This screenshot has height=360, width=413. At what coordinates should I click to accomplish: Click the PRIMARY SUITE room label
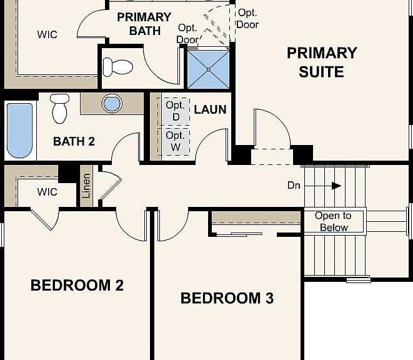[x=322, y=62]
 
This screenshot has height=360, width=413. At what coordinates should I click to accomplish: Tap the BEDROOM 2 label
[x=77, y=285]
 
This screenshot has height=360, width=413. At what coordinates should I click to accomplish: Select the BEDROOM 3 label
[x=227, y=298]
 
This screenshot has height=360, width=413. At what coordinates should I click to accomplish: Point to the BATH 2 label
[x=74, y=141]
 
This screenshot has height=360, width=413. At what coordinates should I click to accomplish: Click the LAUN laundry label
[x=210, y=109]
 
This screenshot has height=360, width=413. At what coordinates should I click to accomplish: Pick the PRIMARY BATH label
[x=144, y=24]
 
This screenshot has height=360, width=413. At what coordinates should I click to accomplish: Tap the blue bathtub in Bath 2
[x=19, y=131]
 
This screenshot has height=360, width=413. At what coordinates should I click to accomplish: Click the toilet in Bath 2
[x=60, y=109]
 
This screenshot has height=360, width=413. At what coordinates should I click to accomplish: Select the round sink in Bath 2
[x=112, y=103]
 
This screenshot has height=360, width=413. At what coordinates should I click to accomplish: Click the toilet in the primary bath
[x=117, y=67]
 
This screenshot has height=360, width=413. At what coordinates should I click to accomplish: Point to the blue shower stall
[x=208, y=69]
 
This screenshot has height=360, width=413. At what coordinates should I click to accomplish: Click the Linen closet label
[x=86, y=186]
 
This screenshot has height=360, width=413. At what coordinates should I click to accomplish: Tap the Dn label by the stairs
[x=294, y=186]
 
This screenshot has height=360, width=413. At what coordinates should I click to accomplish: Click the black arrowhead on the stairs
[x=336, y=186]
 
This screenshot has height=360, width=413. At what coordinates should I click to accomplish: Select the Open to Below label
[x=333, y=221]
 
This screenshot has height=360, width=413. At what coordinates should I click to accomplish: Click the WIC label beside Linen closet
[x=47, y=192]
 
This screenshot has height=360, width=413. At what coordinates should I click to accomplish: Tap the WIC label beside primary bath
[x=47, y=34]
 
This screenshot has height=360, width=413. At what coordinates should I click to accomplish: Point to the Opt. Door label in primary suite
[x=247, y=19]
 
